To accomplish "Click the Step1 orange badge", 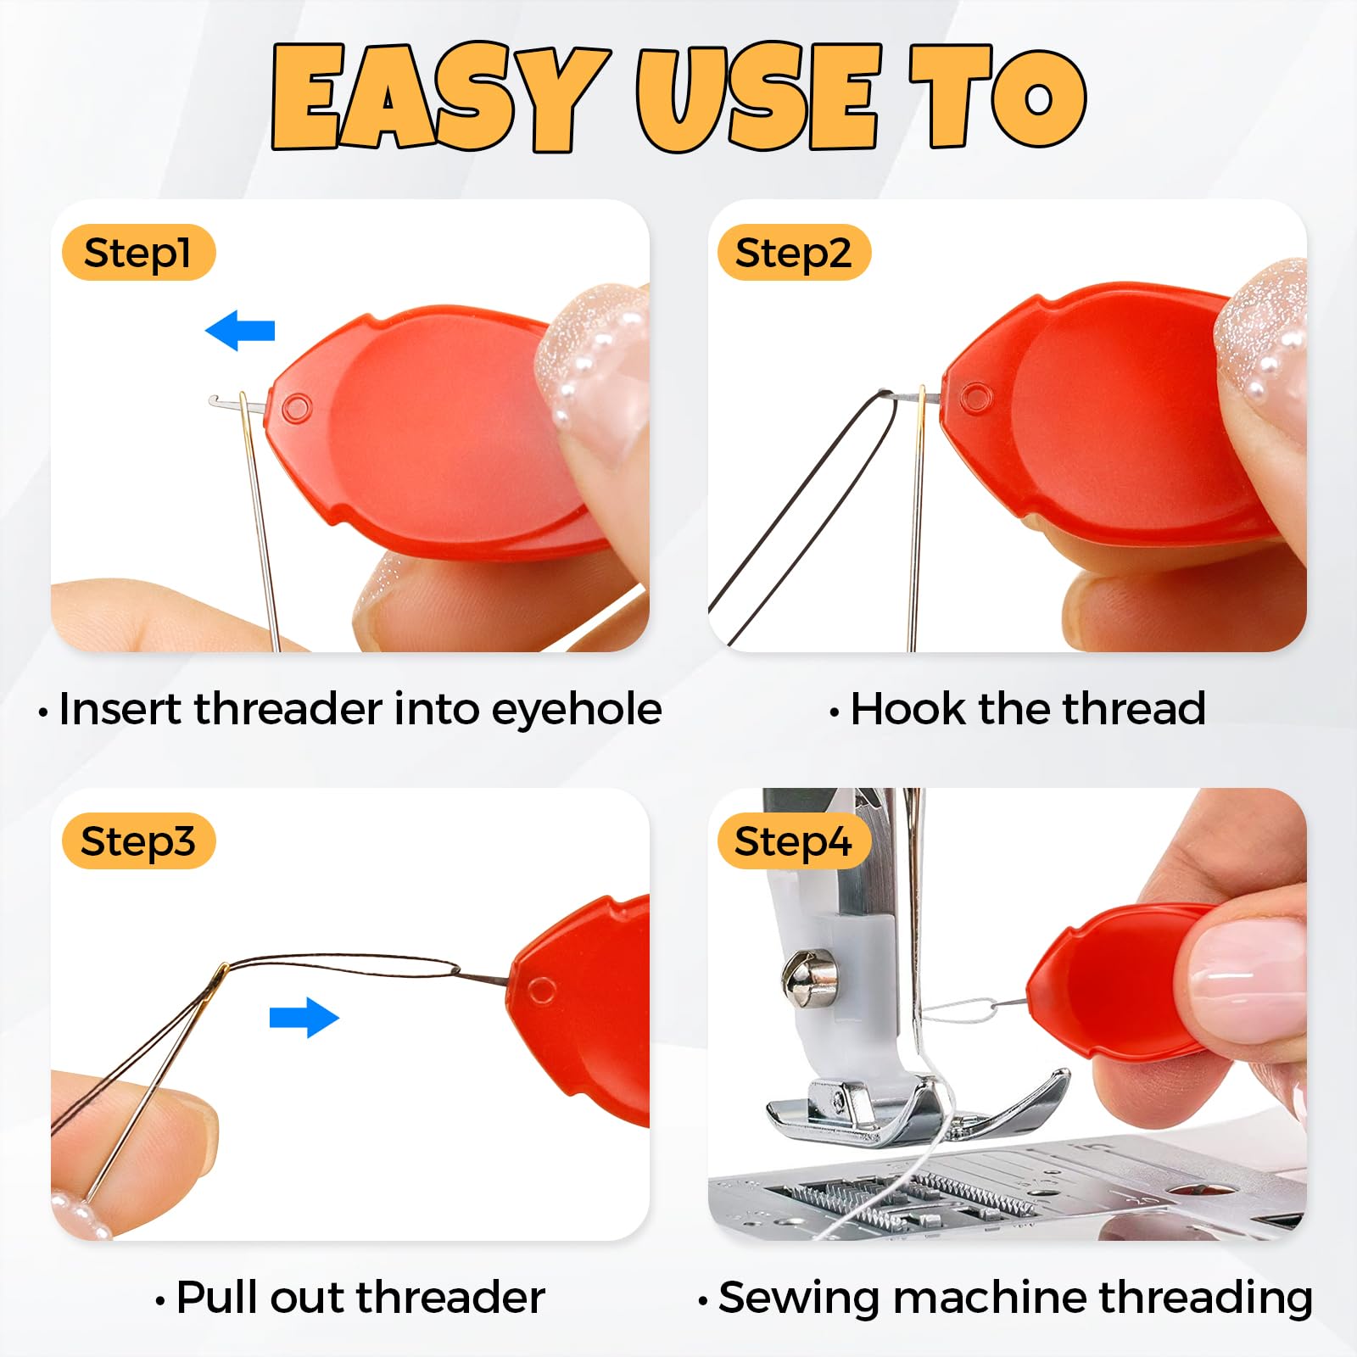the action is [138, 253].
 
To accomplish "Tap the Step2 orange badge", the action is [794, 253].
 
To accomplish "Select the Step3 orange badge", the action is [138, 841].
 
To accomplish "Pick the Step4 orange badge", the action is [794, 841].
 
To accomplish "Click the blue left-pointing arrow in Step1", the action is [240, 330].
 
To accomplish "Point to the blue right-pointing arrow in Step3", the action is [304, 1017].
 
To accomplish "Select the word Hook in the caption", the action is [907, 708].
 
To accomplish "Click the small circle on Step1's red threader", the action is [296, 408].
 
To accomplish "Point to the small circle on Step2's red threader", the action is [975, 396].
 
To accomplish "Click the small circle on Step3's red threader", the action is [541, 990].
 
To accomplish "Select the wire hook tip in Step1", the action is [214, 399].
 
